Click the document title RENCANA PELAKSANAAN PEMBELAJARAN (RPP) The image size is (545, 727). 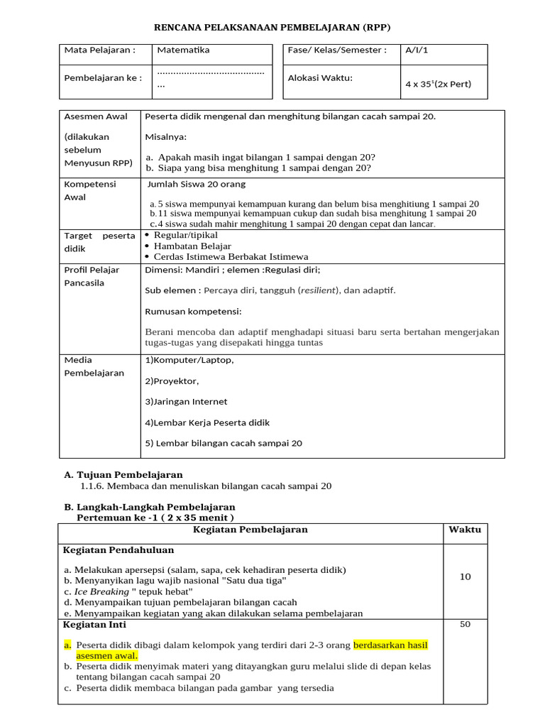[272, 27]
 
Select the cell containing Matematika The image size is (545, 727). [183, 50]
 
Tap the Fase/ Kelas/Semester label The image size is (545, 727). [337, 50]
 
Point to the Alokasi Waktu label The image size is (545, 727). [320, 78]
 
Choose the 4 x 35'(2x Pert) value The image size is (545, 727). [437, 84]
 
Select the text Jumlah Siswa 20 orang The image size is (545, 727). [197, 184]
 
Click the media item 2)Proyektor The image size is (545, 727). [172, 381]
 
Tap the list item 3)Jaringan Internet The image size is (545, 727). [186, 401]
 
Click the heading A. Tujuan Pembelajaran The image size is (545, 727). [123, 474]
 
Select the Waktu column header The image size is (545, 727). [465, 530]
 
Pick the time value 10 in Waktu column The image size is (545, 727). [465, 576]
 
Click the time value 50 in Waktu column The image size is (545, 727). [465, 625]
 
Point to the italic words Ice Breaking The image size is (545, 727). [101, 591]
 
